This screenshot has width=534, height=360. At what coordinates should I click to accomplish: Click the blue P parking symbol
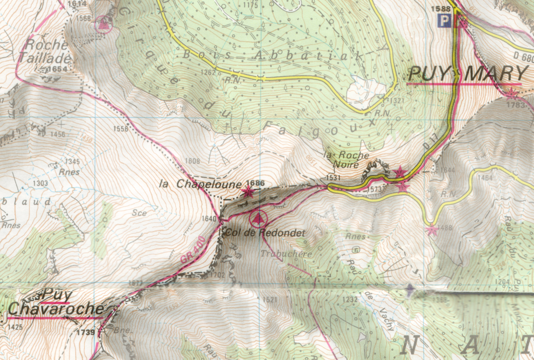(444, 21)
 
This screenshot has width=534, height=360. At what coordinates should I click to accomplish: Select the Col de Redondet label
(265, 233)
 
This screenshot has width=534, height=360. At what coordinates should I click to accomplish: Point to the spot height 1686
(257, 183)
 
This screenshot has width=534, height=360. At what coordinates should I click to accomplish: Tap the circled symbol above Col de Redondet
(257, 219)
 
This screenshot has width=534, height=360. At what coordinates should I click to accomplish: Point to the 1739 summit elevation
(86, 332)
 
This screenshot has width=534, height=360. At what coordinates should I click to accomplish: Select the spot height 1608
(192, 161)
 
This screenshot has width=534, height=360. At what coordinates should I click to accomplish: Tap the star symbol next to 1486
(432, 230)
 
